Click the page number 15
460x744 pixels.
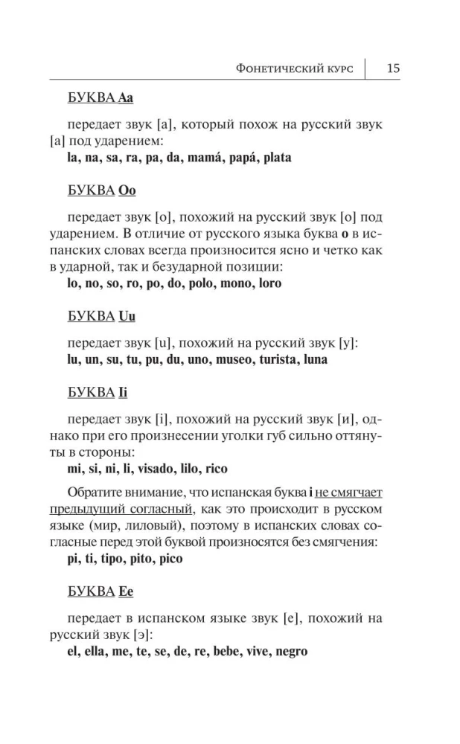point(393,68)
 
